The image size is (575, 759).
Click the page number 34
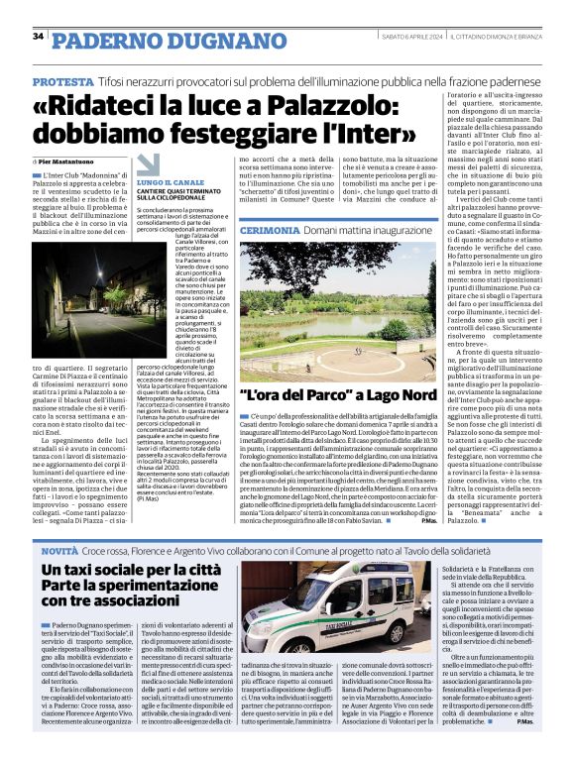click(x=38, y=36)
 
